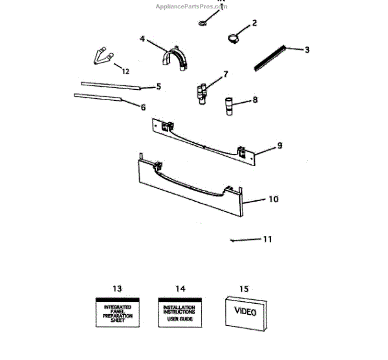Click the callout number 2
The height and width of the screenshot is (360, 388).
(x=254, y=23)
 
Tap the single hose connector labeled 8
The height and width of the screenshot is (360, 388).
(x=230, y=105)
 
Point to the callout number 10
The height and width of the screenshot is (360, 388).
(x=274, y=199)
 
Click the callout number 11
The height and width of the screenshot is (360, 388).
(x=268, y=239)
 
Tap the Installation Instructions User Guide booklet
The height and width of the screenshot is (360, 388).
(x=179, y=313)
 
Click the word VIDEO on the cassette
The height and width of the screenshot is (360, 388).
(x=244, y=312)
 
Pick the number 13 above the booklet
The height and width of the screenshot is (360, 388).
(x=116, y=288)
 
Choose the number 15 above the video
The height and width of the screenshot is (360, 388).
(x=243, y=288)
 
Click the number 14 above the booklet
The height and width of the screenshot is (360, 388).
(x=180, y=288)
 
